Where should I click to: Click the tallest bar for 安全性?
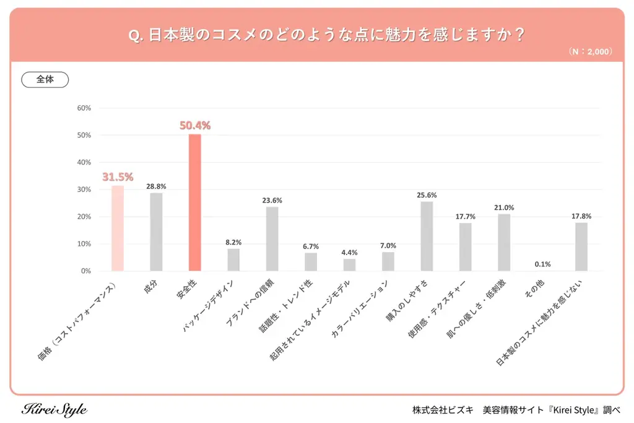[194, 203]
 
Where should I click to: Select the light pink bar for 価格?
[118, 229]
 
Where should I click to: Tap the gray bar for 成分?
[156, 232]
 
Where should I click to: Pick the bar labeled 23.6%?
[272, 239]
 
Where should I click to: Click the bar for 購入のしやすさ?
[427, 237]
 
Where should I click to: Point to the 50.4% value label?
[195, 126]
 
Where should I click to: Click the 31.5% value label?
[118, 177]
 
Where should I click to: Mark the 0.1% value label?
[542, 264]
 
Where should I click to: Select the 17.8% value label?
[581, 216]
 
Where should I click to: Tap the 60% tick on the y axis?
[84, 108]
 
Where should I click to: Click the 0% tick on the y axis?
[86, 271]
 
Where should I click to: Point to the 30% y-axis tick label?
[84, 190]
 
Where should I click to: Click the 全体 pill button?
[45, 80]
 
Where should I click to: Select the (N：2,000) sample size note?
[589, 52]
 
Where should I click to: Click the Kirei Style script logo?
[54, 410]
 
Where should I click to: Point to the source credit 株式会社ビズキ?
[443, 410]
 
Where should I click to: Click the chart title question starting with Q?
[326, 35]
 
